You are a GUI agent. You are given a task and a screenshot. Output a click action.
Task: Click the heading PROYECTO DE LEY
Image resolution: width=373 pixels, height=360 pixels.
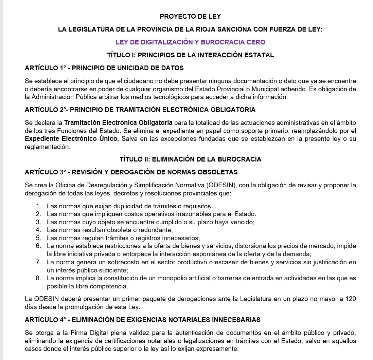(190, 16)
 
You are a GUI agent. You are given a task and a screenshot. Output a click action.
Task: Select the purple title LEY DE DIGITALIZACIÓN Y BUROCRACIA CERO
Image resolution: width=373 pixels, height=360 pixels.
(190, 42)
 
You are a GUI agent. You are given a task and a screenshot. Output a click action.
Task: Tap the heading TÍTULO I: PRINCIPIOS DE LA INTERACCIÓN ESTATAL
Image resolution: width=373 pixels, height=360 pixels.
(190, 55)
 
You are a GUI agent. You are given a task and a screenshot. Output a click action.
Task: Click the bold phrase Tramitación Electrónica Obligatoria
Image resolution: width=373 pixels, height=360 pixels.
(118, 122)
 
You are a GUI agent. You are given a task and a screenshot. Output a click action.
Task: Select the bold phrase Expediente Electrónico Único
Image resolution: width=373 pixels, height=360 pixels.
(72, 138)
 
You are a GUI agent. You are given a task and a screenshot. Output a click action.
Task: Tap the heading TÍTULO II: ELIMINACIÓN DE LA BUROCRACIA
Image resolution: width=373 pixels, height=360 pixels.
(190, 159)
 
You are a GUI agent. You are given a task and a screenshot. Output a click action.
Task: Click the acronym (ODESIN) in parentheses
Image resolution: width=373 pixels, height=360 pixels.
(223, 185)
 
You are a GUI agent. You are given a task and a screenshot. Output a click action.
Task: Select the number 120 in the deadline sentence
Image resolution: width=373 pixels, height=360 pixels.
(350, 299)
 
